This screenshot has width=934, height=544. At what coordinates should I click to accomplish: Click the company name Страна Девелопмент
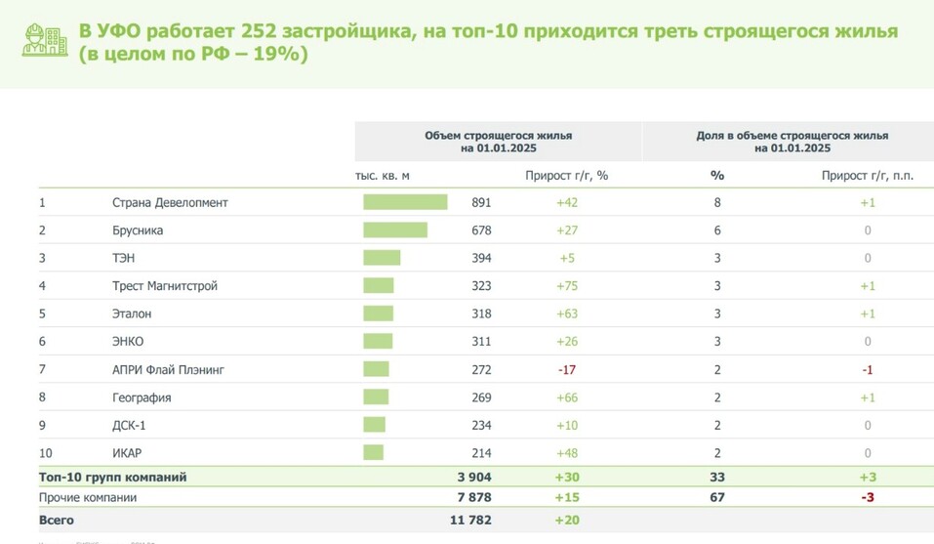pos(170,203)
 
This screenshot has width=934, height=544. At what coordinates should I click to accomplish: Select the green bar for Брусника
pos(395,230)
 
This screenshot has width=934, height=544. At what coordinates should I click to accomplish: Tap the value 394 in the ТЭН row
pos(480,259)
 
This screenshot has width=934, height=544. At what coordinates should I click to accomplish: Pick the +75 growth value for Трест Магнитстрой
pos(567,286)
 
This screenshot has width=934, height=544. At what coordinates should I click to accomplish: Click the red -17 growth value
pos(567,370)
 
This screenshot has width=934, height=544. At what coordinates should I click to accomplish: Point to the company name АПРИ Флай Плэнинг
pos(168,370)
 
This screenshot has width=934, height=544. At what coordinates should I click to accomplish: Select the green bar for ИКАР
pos(373,453)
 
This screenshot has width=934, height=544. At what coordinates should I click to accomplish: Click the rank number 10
pos(45,453)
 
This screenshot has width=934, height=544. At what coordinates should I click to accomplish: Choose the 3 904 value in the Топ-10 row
pos(474,478)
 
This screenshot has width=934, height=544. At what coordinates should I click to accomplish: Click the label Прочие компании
pos(88,498)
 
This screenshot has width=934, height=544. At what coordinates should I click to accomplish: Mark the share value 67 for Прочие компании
pos(717,498)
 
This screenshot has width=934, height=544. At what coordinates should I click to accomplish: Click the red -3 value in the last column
pos(867,498)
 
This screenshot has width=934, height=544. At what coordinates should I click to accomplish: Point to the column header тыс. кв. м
pos(383,176)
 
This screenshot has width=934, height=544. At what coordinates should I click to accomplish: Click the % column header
pos(717,176)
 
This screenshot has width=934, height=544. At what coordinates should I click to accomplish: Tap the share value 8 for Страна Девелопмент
pos(717,203)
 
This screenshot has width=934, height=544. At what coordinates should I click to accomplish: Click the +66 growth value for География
pos(567,398)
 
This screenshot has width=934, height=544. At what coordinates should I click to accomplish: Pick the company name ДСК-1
pos(130,426)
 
